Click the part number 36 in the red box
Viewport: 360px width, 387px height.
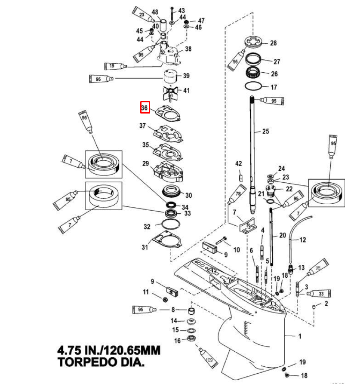click(145, 107)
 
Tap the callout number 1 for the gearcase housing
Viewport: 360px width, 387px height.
click(300, 335)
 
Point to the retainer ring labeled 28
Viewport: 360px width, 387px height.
click(254, 43)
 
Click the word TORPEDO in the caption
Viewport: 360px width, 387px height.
click(82, 362)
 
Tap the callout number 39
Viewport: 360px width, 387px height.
click(186, 76)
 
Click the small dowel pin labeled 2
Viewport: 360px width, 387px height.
click(314, 306)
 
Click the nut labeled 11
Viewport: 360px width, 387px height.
click(165, 299)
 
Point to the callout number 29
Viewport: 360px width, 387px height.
click(145, 163)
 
